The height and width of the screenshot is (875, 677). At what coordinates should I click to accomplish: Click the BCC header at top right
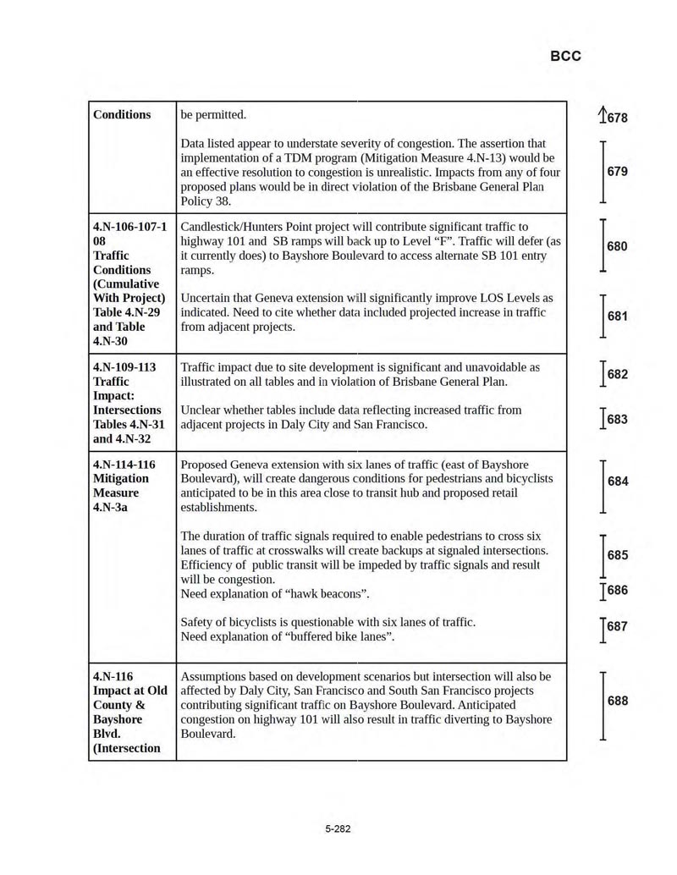(565, 56)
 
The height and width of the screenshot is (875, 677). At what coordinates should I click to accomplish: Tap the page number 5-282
(338, 828)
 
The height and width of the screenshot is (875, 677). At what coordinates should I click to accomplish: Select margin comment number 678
(616, 118)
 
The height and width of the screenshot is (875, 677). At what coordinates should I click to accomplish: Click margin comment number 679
(617, 172)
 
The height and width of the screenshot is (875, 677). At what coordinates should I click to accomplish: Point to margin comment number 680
(617, 246)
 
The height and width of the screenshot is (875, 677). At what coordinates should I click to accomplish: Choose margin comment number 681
(617, 316)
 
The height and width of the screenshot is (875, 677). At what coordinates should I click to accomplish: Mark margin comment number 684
(617, 482)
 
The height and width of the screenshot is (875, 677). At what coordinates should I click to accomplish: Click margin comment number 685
(617, 556)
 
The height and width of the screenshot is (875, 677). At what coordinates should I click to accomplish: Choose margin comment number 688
(617, 702)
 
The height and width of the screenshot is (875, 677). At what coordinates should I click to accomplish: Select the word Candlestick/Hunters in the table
(235, 227)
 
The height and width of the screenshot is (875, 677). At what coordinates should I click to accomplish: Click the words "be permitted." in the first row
(213, 114)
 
